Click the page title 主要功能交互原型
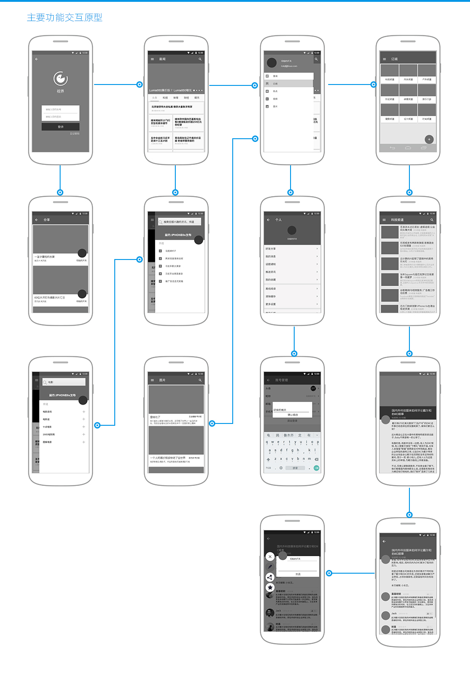coord(64,17)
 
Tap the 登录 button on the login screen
coord(61,127)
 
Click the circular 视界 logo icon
coord(61,79)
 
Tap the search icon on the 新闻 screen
coord(200,59)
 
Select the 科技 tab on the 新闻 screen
coord(165,98)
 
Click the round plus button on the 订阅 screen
coord(429,139)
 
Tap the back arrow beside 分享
coord(37,220)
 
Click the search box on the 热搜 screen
coord(179,222)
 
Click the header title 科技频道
coord(397,220)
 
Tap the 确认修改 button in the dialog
coord(293,415)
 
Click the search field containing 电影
coord(64,382)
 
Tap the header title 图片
coord(162,380)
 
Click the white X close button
coord(270,556)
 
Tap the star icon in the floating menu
coord(270,587)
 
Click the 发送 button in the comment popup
coord(298,574)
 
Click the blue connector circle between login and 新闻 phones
coord(140,85)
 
